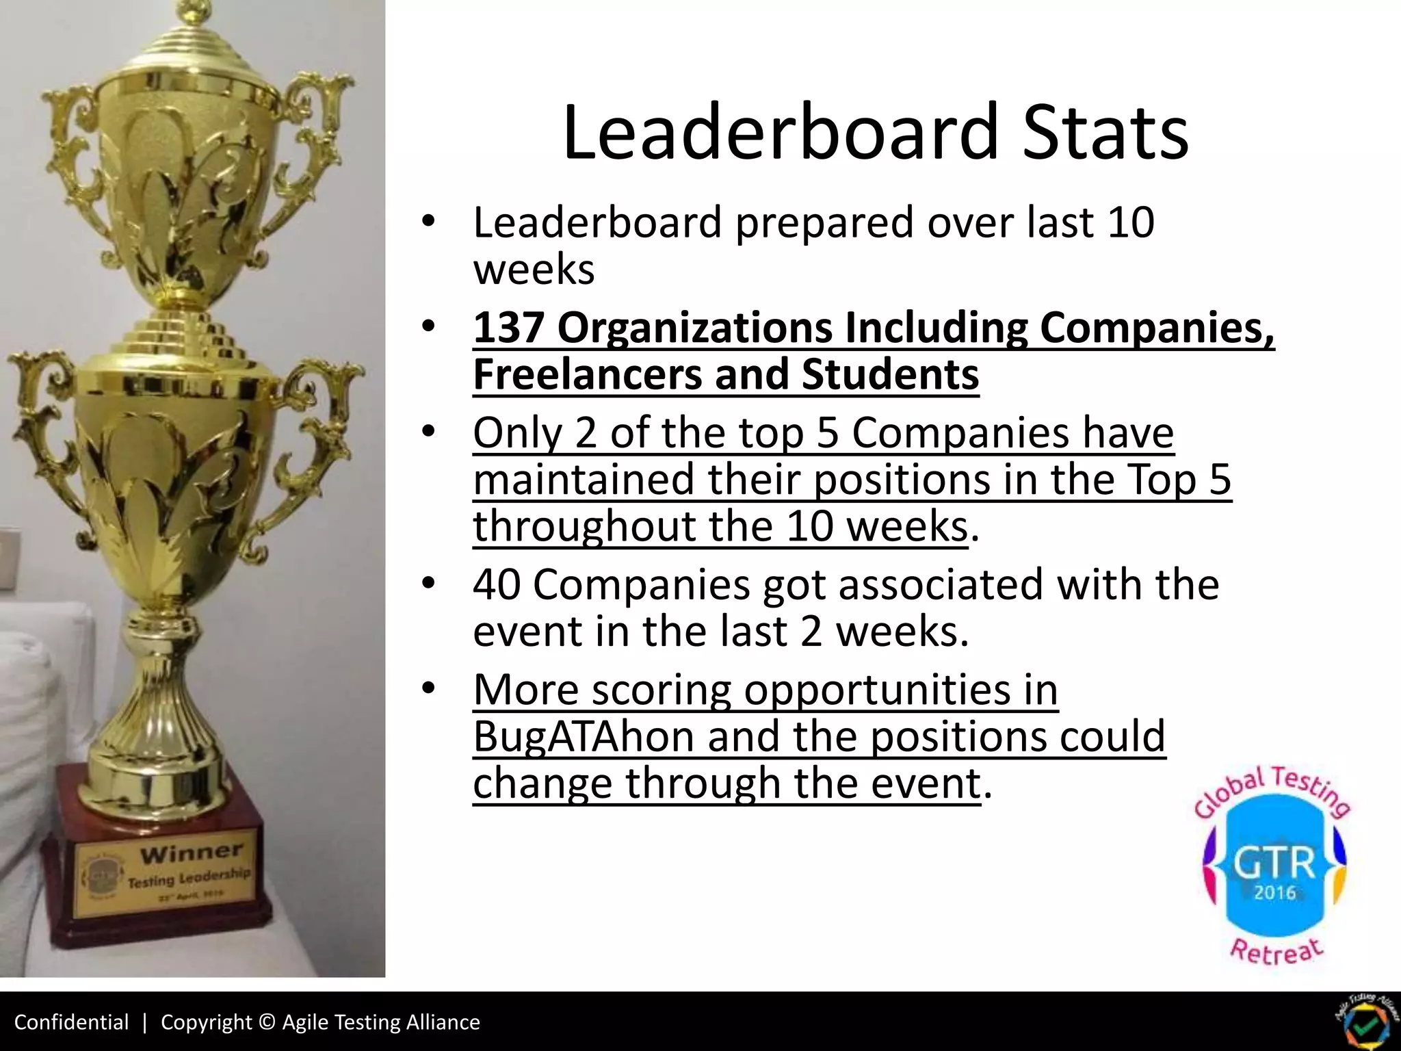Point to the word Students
click(x=890, y=374)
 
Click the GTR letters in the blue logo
click(x=1274, y=864)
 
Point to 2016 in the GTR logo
click(x=1274, y=893)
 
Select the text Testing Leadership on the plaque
click(x=189, y=879)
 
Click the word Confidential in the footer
click(x=71, y=1022)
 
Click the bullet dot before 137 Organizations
click(x=428, y=327)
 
